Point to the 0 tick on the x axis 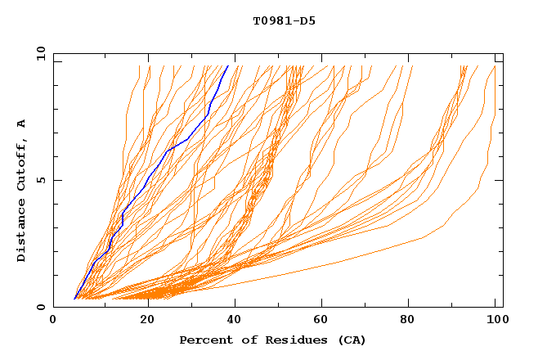click(x=54, y=320)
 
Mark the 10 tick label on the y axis click(x=40, y=53)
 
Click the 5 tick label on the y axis click(x=40, y=180)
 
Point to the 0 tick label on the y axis click(x=40, y=307)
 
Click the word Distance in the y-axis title click(x=22, y=232)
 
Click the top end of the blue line click(x=227, y=66)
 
